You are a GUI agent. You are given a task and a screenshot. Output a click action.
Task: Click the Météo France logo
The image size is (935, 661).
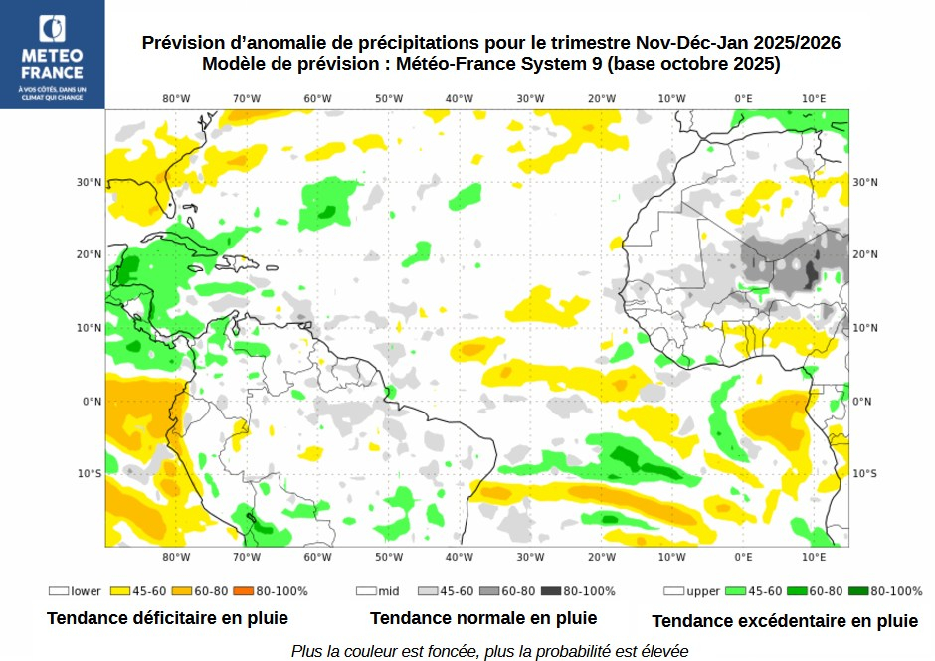pyautogui.click(x=52, y=54)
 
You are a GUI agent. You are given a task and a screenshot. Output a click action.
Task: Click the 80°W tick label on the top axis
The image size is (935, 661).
pyautogui.click(x=176, y=98)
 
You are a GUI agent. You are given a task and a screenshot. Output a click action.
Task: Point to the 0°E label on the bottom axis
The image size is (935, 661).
pyautogui.click(x=743, y=557)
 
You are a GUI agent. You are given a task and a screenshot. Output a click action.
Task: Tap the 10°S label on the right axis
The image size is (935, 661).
pyautogui.click(x=865, y=473)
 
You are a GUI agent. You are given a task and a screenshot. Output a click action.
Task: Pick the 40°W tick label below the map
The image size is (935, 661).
pyautogui.click(x=459, y=557)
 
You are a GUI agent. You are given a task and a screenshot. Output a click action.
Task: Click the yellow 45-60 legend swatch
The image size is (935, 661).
pyautogui.click(x=121, y=591)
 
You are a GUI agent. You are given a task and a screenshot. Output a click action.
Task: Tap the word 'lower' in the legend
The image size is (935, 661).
pyautogui.click(x=86, y=591)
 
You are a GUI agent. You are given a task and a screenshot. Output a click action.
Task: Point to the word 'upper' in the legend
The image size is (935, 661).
pyautogui.click(x=703, y=591)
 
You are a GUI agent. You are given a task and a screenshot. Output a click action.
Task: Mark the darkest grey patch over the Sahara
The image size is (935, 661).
pyautogui.click(x=812, y=269)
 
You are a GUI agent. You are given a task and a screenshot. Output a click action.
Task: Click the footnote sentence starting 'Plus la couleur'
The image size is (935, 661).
pyautogui.click(x=489, y=651)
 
